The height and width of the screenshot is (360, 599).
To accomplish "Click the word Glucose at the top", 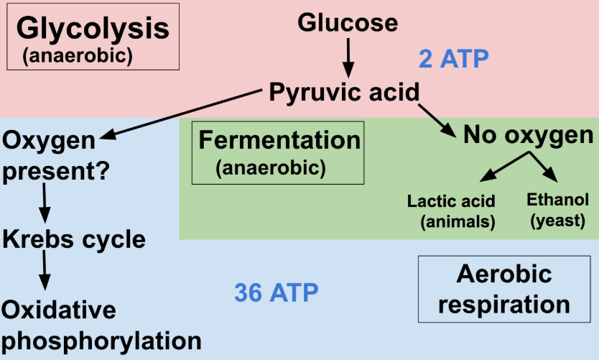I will tap(348, 23).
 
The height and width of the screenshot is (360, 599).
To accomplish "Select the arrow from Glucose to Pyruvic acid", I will tap(348, 57).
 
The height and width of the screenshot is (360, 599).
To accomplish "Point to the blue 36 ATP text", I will tap(277, 292).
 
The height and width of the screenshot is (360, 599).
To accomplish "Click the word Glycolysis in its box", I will tap(93, 29).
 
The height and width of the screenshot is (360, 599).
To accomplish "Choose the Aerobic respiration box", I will tap(505, 289).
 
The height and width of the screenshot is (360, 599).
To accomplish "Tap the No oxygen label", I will tap(529, 135).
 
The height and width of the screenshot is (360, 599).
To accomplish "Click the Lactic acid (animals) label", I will tap(451, 211).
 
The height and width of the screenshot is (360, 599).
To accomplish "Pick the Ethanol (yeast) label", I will tap(557, 211).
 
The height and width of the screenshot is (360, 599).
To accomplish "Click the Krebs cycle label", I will tap(74, 239).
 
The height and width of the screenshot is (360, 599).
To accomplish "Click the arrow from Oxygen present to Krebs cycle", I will tap(45, 203).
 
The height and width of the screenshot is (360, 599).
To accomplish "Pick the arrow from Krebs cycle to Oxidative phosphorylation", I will tap(45, 274).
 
